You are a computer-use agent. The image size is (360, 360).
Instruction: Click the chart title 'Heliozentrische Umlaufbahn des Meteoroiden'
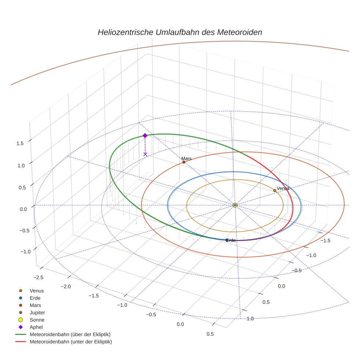[x=180, y=32]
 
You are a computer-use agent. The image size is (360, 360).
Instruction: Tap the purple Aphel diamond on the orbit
[x=145, y=135]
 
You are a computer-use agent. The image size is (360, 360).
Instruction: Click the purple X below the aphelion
[x=145, y=154]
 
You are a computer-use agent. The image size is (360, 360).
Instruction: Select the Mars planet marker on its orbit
[x=184, y=162]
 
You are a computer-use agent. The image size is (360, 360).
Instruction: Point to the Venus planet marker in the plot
[x=275, y=190]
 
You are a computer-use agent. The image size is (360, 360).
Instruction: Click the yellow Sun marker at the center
[x=235, y=205]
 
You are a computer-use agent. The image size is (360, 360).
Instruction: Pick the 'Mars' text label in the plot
[x=187, y=158]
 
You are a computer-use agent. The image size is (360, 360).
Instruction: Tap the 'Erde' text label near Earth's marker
[x=231, y=240]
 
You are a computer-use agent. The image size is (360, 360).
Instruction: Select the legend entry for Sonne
[x=37, y=320]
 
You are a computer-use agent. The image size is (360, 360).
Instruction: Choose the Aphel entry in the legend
[x=36, y=327]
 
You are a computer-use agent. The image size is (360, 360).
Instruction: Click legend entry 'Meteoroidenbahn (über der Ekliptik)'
[x=70, y=334]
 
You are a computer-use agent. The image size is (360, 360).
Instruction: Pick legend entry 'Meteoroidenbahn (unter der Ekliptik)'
[x=71, y=342]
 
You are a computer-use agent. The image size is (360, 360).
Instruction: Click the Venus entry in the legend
[x=37, y=290]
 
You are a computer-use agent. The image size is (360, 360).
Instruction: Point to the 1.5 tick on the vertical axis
[x=20, y=143]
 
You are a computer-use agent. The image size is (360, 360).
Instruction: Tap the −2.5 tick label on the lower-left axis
[x=37, y=277]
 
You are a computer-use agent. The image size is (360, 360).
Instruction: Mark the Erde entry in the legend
[x=35, y=298]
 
